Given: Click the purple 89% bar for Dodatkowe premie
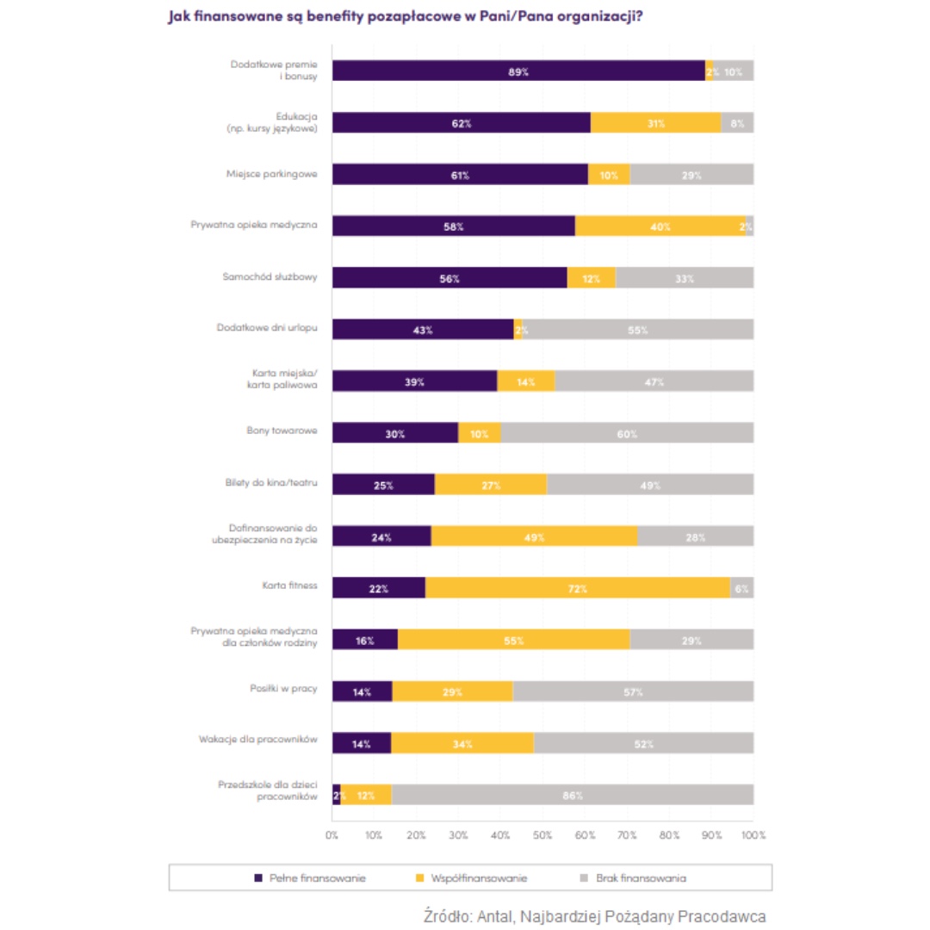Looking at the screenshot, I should pyautogui.click(x=518, y=71).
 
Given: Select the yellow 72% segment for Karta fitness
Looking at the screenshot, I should pyautogui.click(x=577, y=588).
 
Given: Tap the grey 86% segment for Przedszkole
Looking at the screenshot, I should pyautogui.click(x=573, y=795).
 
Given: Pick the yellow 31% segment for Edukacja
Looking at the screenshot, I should pyautogui.click(x=656, y=123).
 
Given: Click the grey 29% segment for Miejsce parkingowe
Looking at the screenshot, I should pyautogui.click(x=691, y=175).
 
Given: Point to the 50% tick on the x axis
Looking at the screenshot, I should pyautogui.click(x=542, y=835).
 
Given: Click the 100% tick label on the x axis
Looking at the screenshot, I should pyautogui.click(x=753, y=835).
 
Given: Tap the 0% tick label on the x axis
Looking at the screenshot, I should pyautogui.click(x=332, y=835).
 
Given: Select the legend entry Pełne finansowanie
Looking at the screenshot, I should pyautogui.click(x=310, y=878).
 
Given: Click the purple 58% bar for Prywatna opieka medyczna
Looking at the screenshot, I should pyautogui.click(x=454, y=226).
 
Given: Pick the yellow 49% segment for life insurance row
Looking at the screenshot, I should pyautogui.click(x=534, y=536).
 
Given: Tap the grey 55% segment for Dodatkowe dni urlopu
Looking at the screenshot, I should pyautogui.click(x=637, y=330).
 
